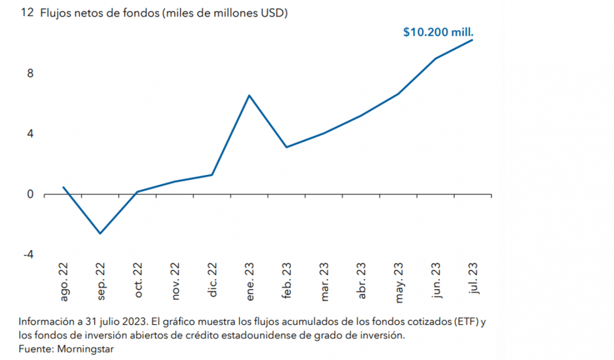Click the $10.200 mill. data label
click(438, 32)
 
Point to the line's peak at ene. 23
click(249, 96)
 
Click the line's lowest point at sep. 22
click(100, 233)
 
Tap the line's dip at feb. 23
click(287, 147)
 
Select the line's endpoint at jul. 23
click(472, 40)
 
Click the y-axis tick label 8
click(30, 74)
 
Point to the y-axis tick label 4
click(30, 134)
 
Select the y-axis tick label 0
click(30, 194)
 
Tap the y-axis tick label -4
click(28, 254)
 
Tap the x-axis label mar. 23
click(325, 281)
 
